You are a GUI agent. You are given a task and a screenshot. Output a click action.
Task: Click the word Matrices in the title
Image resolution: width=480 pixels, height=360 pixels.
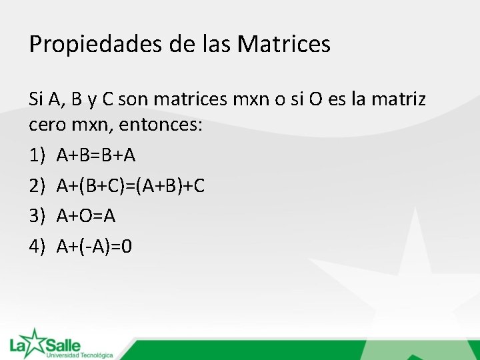point(284,45)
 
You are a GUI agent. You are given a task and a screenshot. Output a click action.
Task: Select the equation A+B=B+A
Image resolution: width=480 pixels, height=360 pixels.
point(96,155)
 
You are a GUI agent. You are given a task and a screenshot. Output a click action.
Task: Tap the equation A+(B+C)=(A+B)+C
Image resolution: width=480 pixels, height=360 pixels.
point(131,186)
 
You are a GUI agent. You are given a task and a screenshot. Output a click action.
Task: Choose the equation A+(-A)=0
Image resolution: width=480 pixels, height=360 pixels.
point(95,247)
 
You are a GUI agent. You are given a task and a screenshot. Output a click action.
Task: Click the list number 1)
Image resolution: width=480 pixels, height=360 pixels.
point(37,155)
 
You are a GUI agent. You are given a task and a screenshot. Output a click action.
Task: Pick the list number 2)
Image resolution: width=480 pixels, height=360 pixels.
point(37,186)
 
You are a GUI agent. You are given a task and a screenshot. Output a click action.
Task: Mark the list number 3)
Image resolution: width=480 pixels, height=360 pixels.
point(37,216)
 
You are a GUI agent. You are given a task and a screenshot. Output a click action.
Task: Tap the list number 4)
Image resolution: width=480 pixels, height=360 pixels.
point(37,247)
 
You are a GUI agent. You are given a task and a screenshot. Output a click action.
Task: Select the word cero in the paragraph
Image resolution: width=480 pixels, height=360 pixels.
point(47,125)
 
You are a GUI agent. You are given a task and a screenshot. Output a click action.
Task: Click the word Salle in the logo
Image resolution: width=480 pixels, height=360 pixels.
point(63,345)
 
